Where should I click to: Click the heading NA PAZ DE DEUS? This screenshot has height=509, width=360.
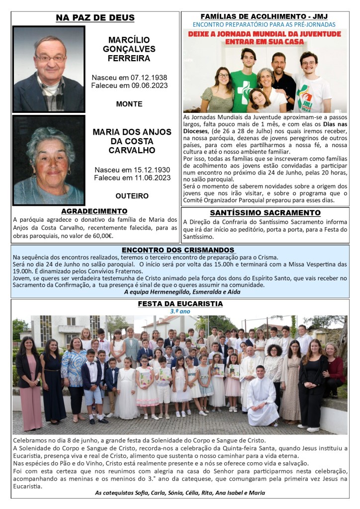point(95,18)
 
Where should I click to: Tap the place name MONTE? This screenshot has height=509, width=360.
point(129,104)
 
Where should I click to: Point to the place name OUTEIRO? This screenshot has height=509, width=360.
point(132,196)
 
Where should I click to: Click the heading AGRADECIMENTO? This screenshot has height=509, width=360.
point(94,211)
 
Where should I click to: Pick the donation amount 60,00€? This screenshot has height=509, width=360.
point(102,236)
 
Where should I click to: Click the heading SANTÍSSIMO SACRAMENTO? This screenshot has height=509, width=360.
point(265,213)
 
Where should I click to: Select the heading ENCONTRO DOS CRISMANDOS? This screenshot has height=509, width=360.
point(178,250)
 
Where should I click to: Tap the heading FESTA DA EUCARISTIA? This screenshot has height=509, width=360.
point(180,304)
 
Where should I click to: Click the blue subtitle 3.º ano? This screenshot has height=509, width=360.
point(180,311)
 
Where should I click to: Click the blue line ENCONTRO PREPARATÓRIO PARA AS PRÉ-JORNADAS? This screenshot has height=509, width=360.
point(264,24)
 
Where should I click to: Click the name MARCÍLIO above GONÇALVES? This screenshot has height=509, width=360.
point(129,40)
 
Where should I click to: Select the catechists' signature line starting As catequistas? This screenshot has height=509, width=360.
point(180,493)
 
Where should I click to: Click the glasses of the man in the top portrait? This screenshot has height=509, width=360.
point(50,58)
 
